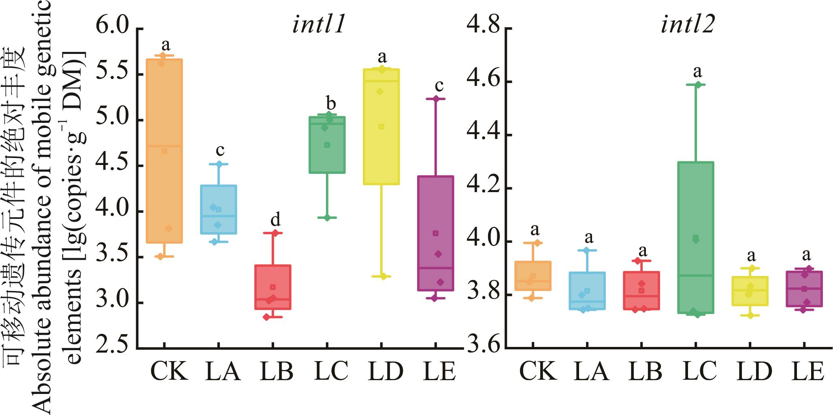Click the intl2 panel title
687,25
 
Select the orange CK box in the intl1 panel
164,151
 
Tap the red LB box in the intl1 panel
273,287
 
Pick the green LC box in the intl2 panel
696,237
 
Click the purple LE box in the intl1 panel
436,233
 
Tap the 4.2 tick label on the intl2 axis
481,188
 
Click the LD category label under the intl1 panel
386,371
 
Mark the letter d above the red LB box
275,220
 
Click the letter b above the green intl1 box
331,103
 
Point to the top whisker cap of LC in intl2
696,85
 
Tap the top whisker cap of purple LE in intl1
436,98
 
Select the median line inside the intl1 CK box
164,145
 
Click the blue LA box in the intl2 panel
588,291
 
